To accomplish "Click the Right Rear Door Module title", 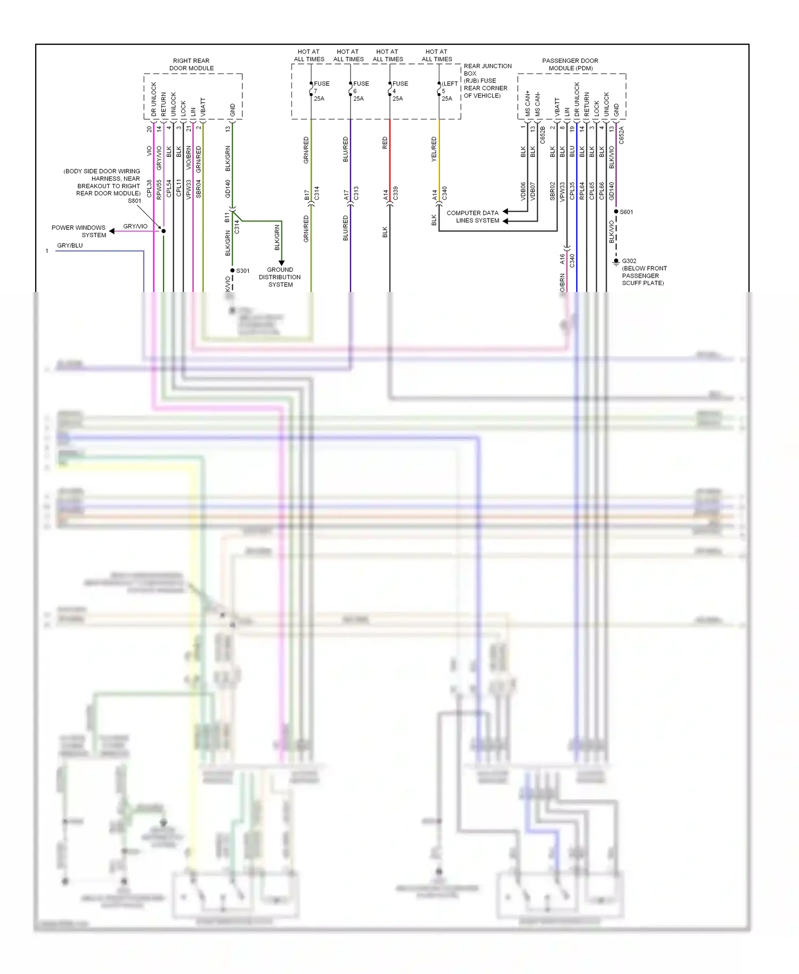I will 191,64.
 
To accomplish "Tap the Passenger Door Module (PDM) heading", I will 570,64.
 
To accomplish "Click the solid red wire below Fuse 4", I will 390,160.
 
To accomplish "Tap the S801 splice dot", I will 164,231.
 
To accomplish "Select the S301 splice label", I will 243,271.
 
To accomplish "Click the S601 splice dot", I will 616,212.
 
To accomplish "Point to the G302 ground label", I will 629,261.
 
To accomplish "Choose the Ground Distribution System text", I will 280,277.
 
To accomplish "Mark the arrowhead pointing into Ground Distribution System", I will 282,263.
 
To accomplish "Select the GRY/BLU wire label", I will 70,246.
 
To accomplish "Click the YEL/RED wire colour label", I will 434,149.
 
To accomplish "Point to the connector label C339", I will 395,193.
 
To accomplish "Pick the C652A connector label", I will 622,135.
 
